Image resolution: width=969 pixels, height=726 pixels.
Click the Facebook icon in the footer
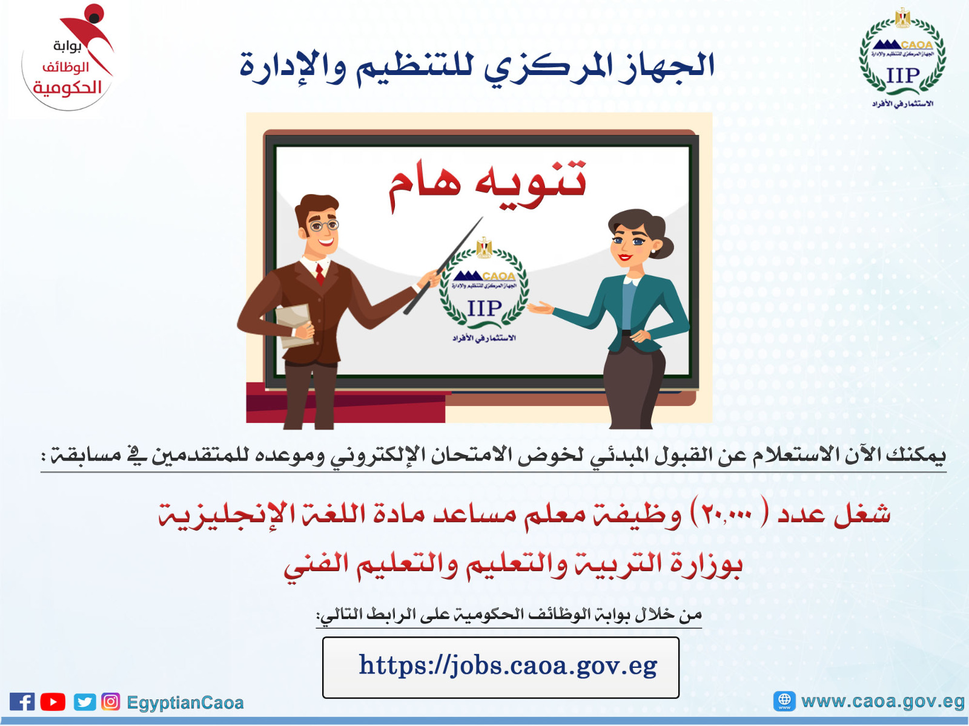coord(22,701)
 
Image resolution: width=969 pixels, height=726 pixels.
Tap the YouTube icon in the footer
coord(53,701)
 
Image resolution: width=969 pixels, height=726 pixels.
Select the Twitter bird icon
coord(84,702)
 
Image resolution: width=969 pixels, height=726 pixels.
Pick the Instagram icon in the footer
coord(110,701)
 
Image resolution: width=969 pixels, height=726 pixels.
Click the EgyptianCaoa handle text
coord(185,702)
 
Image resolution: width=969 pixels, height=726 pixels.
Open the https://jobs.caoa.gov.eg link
coord(508,665)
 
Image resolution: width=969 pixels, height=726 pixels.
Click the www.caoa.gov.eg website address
coord(882,701)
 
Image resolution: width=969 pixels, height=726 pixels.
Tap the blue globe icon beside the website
coord(784,701)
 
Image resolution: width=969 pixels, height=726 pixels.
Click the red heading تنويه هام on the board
coord(488,184)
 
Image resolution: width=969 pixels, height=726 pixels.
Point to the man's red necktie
coord(320,275)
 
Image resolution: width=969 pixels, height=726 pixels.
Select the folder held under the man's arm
coord(293,325)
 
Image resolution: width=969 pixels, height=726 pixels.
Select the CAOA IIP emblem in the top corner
coord(902,58)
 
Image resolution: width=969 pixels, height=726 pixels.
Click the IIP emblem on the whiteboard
coord(484,290)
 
